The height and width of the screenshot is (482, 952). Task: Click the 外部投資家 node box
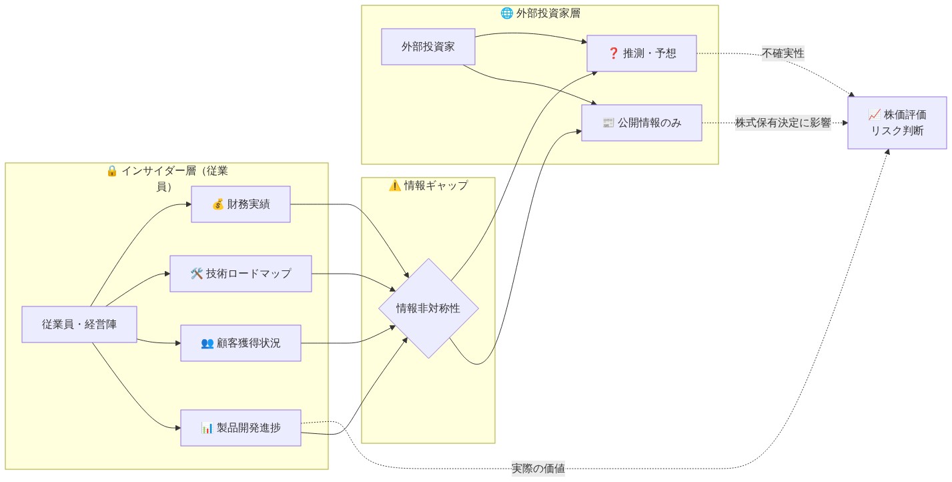click(428, 47)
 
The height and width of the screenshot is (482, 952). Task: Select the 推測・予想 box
click(641, 53)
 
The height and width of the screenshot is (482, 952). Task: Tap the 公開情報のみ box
click(641, 123)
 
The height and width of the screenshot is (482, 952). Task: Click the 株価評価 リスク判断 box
click(897, 123)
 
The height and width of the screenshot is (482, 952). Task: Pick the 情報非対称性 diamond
click(428, 308)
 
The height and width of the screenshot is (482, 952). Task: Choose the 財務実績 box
click(241, 204)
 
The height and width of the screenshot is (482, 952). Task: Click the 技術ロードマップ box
click(240, 274)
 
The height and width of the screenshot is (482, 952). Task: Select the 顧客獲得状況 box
click(240, 343)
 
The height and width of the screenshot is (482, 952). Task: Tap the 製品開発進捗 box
click(240, 428)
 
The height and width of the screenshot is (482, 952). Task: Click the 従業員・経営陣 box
click(79, 324)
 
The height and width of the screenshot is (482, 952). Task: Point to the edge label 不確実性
click(783, 53)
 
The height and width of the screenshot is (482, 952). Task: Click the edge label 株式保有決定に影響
click(783, 123)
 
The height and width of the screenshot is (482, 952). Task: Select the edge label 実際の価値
click(538, 469)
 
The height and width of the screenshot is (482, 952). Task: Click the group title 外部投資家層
click(544, 13)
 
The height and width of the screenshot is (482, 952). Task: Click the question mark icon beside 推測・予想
click(614, 53)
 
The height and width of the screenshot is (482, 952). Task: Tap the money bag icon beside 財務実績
click(217, 204)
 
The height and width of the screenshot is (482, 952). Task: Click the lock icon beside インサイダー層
click(112, 171)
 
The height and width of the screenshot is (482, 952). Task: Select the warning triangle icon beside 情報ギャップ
click(394, 186)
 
